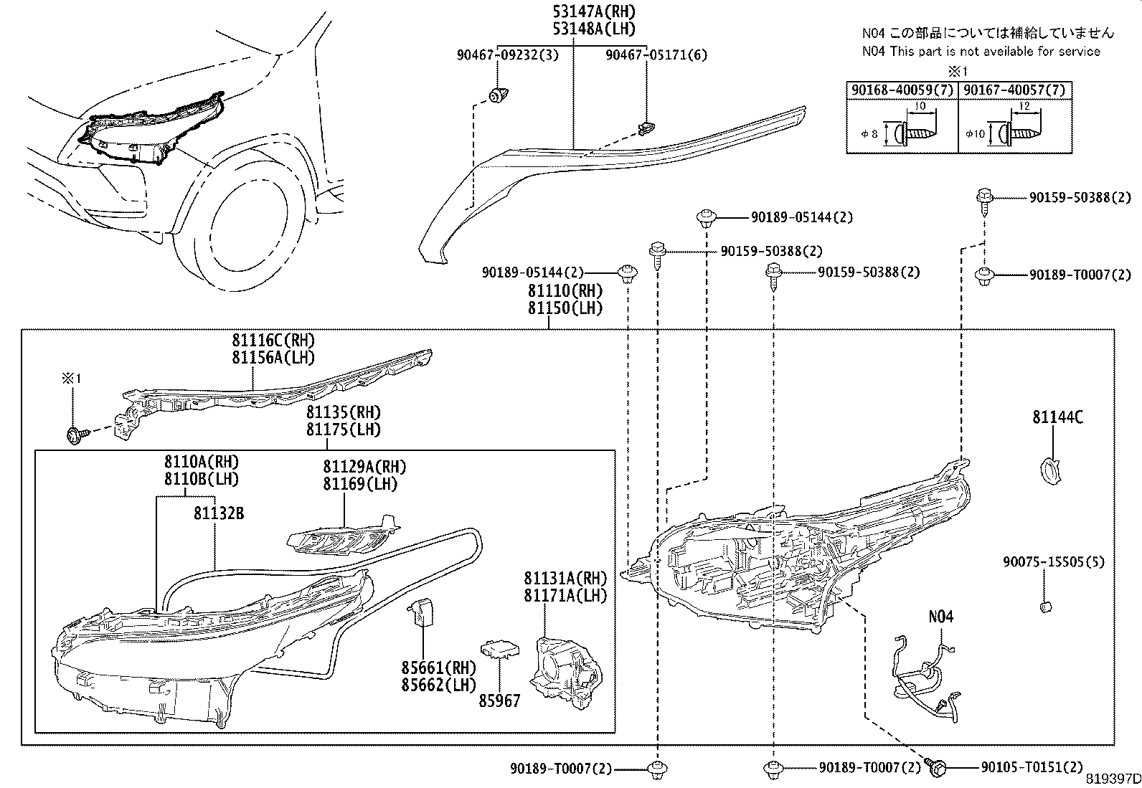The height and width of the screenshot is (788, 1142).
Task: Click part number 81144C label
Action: coord(1057,417)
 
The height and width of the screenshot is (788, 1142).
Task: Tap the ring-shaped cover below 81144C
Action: coord(1050,470)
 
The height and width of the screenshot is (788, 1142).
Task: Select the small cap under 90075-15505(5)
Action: coord(1046,607)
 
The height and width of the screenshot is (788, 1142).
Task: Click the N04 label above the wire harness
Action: coord(941,617)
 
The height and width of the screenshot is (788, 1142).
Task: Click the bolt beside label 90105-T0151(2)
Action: coord(937,767)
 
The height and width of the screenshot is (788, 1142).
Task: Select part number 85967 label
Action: coord(500,701)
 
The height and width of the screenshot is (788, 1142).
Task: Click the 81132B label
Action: coord(218,513)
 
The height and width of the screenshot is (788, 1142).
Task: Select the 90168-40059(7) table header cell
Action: coord(902,90)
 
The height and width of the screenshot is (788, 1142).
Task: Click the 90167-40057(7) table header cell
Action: coord(1014,90)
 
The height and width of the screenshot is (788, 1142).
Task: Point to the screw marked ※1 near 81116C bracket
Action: coord(75,435)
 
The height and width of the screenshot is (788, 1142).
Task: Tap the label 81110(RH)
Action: coord(565,291)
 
